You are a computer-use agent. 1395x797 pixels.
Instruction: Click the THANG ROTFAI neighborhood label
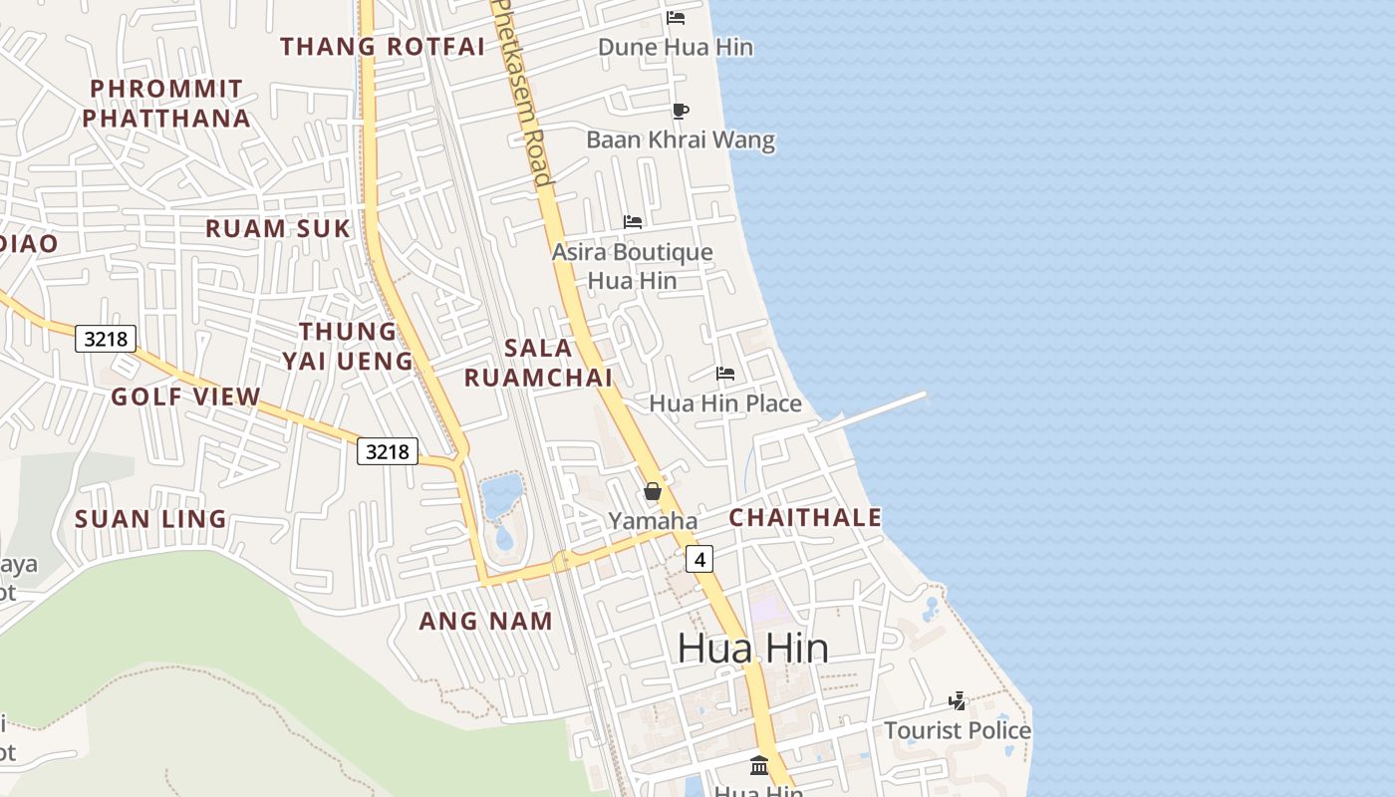pos(382,47)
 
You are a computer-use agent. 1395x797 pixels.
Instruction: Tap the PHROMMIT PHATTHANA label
pos(165,104)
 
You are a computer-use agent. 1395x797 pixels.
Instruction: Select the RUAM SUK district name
pos(278,228)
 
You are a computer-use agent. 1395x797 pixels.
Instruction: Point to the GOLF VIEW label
pos(185,397)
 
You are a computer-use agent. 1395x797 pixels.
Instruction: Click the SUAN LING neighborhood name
pos(150,519)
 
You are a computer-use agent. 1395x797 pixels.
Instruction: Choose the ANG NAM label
pos(485,621)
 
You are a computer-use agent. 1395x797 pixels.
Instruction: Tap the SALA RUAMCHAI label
pos(538,363)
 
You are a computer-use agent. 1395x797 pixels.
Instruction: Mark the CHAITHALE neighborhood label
pos(805,517)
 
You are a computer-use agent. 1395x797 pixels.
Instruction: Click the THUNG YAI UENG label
pos(348,346)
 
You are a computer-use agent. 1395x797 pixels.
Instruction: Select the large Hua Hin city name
pos(752,649)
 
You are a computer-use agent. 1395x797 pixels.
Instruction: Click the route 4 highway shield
pos(699,560)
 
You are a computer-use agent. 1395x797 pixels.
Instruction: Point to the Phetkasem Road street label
pos(525,95)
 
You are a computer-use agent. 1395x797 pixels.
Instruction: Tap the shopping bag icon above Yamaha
pos(653,491)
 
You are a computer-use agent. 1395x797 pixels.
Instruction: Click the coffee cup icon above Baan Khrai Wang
pos(681,111)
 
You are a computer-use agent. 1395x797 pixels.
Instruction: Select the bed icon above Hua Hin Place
pos(725,374)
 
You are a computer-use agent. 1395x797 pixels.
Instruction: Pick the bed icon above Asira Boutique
pos(633,221)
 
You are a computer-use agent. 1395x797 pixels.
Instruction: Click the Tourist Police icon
pos(958,701)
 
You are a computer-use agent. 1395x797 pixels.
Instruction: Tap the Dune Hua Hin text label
pos(676,47)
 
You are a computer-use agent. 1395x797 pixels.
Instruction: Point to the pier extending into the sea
pos(877,410)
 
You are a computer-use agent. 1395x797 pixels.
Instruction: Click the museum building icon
pos(759,765)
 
